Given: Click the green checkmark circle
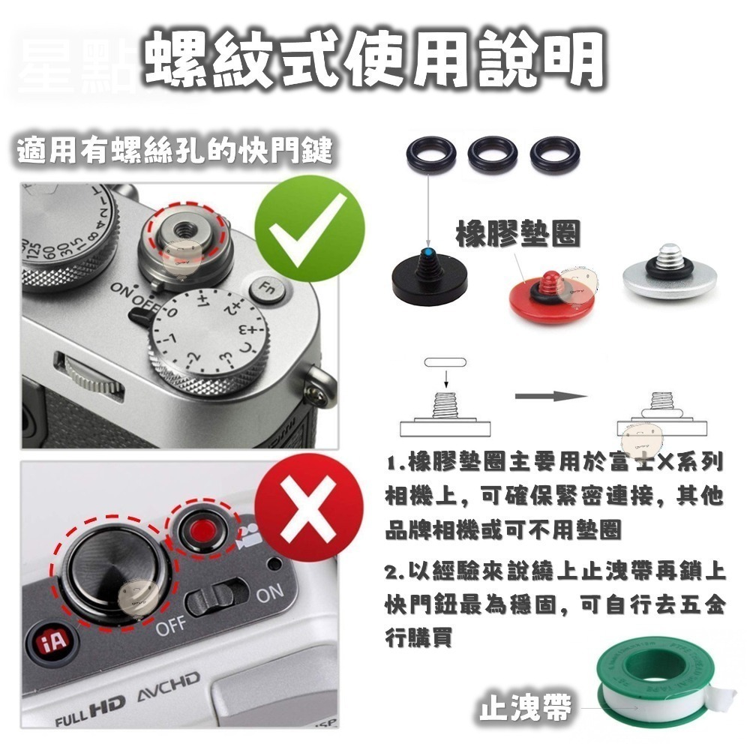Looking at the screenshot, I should [x=309, y=226].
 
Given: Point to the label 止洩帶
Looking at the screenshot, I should [x=525, y=707].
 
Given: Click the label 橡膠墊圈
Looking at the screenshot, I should [x=517, y=234].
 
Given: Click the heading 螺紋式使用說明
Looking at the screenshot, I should [x=375, y=60].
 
